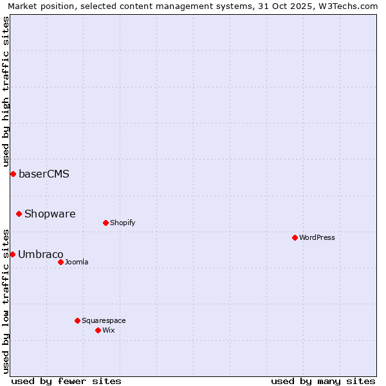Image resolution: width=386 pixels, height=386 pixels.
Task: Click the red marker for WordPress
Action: (295, 237)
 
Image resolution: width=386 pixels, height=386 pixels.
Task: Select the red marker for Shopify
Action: (106, 223)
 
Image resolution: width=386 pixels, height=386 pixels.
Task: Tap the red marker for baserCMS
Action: (13, 174)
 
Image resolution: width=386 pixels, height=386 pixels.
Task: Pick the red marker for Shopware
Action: (19, 214)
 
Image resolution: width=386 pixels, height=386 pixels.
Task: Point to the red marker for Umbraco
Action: (12, 254)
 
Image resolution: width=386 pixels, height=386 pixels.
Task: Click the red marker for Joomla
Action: (60, 262)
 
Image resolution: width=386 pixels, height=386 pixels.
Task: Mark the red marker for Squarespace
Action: (77, 320)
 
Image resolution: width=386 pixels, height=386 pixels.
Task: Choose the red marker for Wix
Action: (98, 330)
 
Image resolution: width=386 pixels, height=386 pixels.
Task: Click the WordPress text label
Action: (317, 237)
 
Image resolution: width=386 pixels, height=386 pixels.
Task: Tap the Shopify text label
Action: (122, 223)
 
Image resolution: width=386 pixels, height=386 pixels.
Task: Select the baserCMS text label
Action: (44, 174)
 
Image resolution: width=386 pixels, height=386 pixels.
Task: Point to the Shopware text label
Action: (50, 214)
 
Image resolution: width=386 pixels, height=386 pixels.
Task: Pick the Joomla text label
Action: (77, 262)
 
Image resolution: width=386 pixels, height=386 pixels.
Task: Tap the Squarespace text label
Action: (104, 320)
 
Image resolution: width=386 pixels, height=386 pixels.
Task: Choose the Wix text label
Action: (108, 330)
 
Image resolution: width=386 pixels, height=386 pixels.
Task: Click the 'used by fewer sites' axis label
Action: (66, 381)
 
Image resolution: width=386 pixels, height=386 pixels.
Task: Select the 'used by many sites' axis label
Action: (323, 381)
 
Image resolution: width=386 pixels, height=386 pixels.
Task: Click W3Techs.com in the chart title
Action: (347, 6)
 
